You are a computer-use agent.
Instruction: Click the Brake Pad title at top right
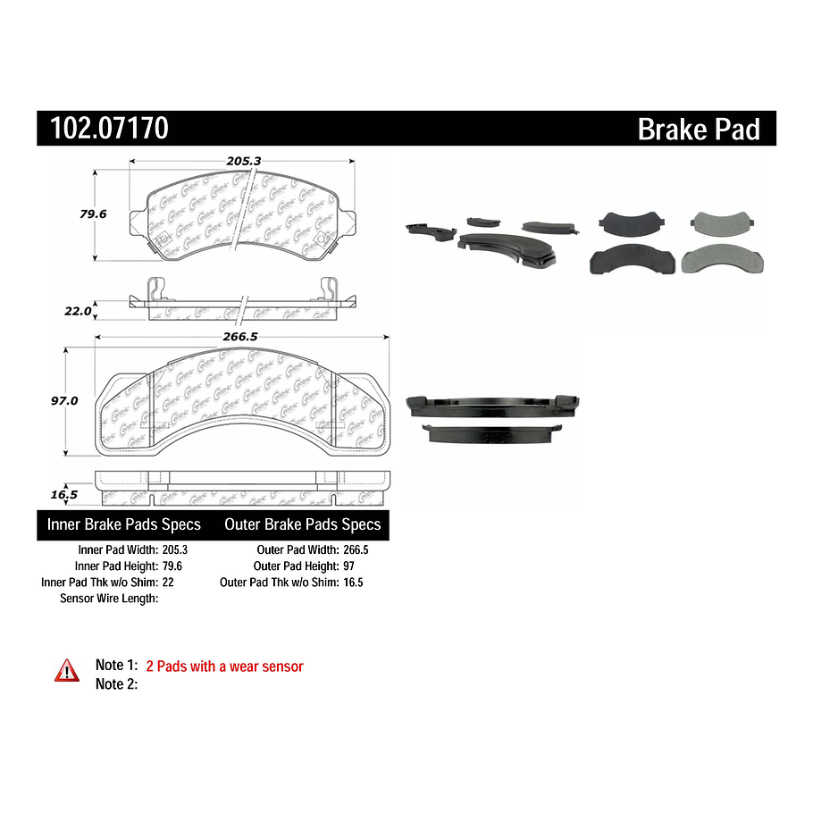click(698, 130)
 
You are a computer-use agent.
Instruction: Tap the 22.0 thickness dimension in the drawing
click(79, 311)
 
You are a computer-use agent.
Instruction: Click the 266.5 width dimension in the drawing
click(242, 337)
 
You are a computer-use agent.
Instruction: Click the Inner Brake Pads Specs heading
click(123, 524)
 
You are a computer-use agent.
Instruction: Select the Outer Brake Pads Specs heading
click(302, 524)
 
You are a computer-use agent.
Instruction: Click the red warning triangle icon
click(67, 670)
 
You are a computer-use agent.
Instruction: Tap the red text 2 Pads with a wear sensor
click(224, 666)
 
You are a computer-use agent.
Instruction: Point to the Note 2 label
click(116, 684)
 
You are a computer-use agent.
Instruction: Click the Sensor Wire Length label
click(109, 598)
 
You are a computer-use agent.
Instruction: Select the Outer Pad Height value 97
click(349, 566)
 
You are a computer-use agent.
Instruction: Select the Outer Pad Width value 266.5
click(356, 550)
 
